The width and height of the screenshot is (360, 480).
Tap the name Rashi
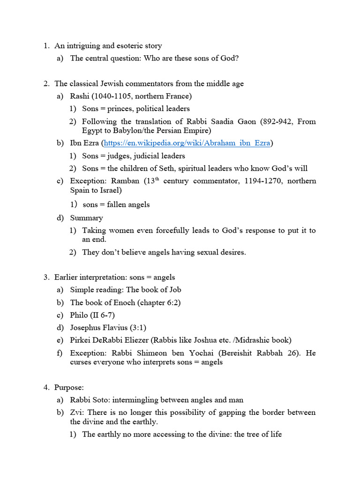click(x=80, y=96)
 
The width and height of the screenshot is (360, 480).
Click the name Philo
click(x=79, y=315)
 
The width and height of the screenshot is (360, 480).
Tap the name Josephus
click(x=87, y=328)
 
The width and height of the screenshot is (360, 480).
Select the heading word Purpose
click(x=69, y=388)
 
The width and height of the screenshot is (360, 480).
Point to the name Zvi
click(x=76, y=412)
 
